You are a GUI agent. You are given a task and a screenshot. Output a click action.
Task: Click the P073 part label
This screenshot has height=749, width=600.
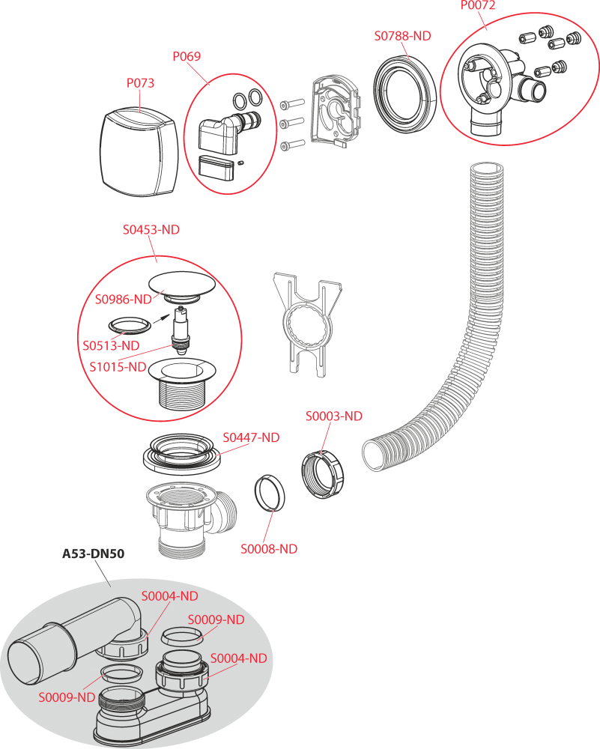coord(140,83)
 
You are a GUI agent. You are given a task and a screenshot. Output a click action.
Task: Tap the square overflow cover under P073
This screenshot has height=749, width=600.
coord(139,153)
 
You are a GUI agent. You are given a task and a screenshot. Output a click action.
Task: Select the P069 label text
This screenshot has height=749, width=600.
coord(187,56)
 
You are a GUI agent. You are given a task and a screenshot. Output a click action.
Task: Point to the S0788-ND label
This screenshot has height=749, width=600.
coord(402,36)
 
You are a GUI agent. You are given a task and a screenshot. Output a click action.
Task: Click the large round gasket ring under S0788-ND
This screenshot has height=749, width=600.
coord(405,94)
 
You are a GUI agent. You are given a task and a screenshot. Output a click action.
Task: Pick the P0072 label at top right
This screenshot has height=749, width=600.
coord(478,5)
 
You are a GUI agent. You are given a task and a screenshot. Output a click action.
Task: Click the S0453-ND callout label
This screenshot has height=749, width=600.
coord(151,230)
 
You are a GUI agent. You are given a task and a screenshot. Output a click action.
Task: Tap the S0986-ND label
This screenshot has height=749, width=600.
coord(124,300)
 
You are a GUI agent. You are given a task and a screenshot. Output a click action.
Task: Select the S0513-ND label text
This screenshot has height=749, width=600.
coord(111,346)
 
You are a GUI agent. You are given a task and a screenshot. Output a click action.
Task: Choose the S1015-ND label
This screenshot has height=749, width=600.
coord(118,367)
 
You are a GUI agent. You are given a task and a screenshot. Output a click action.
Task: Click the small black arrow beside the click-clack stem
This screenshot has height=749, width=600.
coord(162,317)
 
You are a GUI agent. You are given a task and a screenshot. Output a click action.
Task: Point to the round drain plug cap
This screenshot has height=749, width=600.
coord(182,285)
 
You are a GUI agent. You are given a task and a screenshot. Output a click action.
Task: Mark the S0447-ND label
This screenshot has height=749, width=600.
coord(251,437)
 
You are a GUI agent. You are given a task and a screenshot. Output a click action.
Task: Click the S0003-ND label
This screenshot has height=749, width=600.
coord(333,416)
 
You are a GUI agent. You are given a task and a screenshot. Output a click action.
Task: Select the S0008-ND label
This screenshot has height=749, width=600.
coord(268,549)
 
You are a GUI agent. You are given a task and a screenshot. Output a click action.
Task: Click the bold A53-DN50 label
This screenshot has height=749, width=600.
coord(93,554)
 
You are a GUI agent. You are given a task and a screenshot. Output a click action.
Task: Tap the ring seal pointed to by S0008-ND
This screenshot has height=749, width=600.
coord(270,493)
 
